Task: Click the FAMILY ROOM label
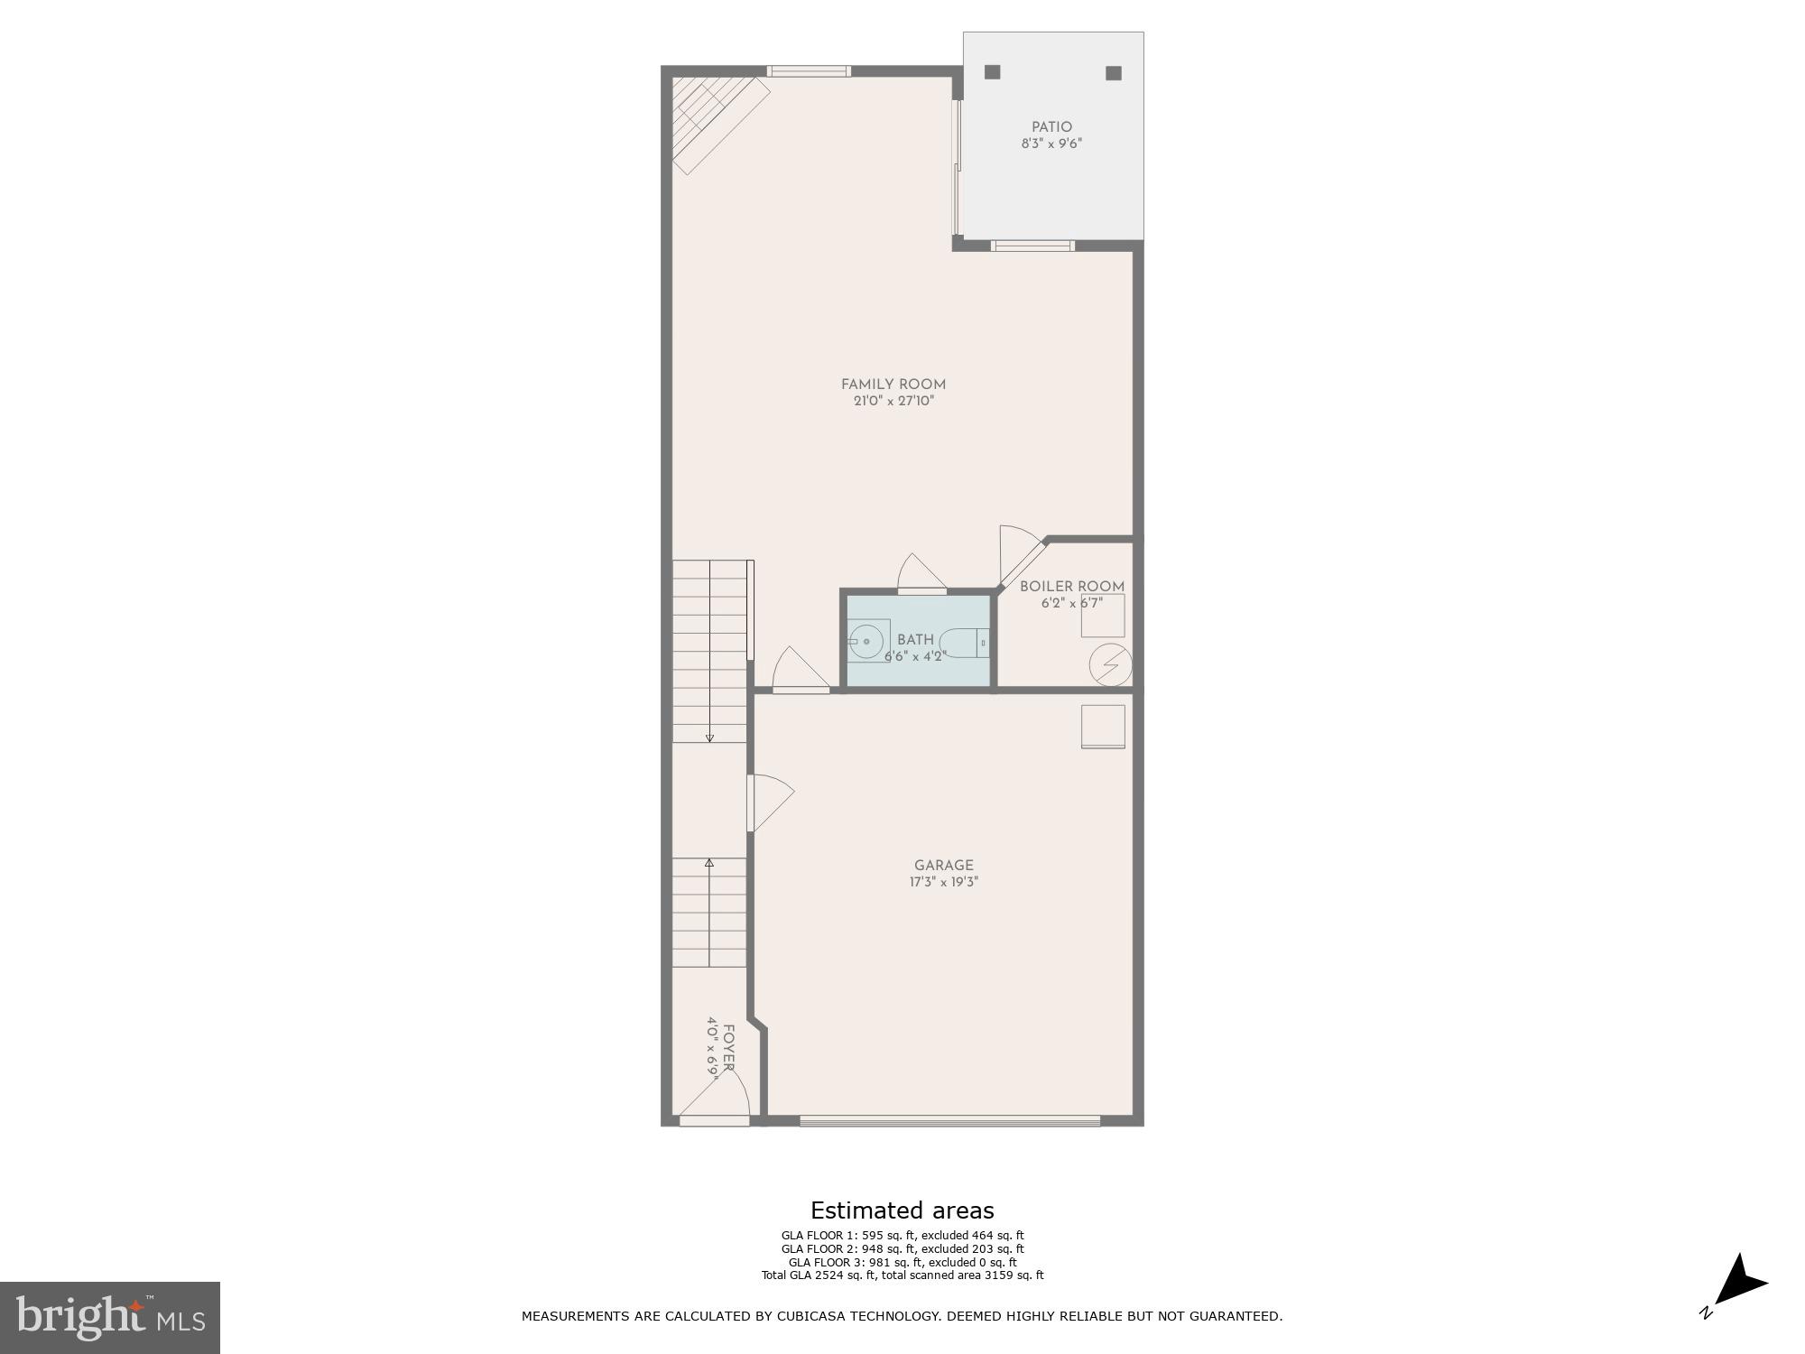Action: click(893, 385)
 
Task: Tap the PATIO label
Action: click(1052, 127)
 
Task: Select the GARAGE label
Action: click(944, 866)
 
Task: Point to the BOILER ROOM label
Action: click(1072, 587)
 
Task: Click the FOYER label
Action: click(727, 1048)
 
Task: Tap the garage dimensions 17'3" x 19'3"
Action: click(944, 882)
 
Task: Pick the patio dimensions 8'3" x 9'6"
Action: click(1052, 144)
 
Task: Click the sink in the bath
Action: click(866, 641)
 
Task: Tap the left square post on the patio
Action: click(993, 72)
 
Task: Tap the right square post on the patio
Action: click(1114, 73)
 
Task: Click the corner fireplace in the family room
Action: click(713, 117)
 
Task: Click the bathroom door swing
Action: click(921, 574)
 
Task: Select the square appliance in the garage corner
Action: click(1104, 727)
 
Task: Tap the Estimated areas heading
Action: click(902, 1210)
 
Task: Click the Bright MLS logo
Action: click(110, 1317)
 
